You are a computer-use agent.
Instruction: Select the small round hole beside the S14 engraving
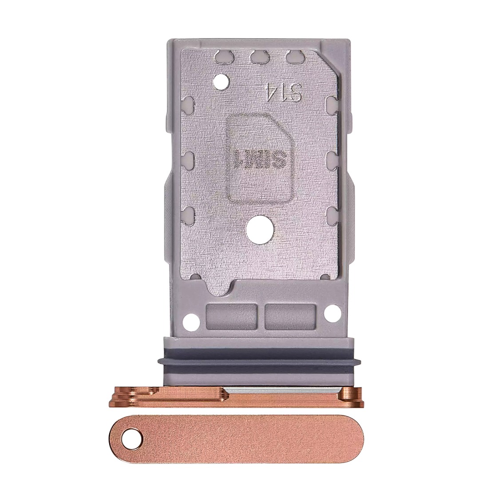(x=219, y=80)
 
